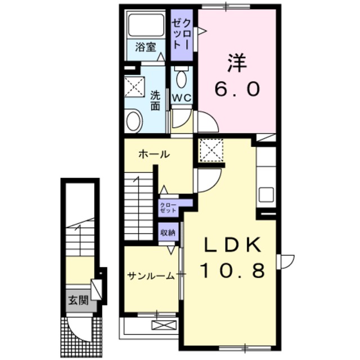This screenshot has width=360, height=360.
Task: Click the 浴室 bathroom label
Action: pyautogui.click(x=146, y=47)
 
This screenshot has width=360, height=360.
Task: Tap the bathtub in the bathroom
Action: pyautogui.click(x=146, y=24)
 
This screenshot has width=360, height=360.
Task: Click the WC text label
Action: pyautogui.click(x=181, y=97)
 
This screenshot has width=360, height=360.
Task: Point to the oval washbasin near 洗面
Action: pyautogui.click(x=134, y=120)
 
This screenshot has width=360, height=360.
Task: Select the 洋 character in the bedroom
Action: pyautogui.click(x=237, y=62)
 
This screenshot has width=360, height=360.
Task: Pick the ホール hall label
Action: pyautogui.click(x=154, y=154)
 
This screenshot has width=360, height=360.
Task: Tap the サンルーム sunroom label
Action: pyautogui.click(x=150, y=275)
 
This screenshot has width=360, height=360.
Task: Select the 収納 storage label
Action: pyautogui.click(x=167, y=232)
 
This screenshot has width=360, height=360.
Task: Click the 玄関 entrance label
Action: pyautogui.click(x=79, y=300)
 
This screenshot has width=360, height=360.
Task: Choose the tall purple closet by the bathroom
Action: pyautogui.click(x=181, y=35)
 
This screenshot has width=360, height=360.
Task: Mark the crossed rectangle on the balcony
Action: pyautogui.click(x=163, y=325)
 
